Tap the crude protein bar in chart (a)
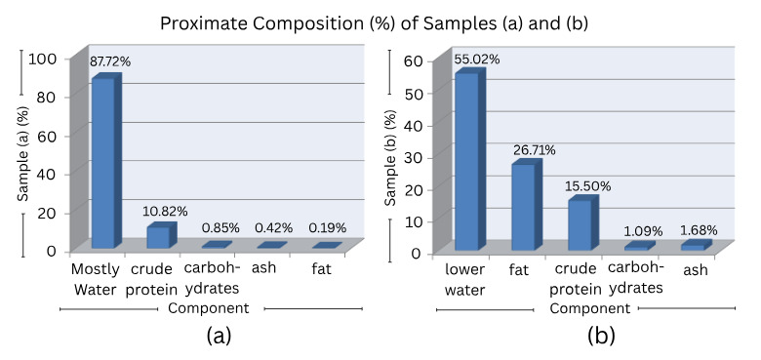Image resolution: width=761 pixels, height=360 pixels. pyautogui.click(x=158, y=236)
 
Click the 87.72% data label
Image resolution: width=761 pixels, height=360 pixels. pyautogui.click(x=110, y=61)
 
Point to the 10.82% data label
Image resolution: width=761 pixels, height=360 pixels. pyautogui.click(x=166, y=211)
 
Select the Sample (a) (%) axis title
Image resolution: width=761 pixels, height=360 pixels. pyautogui.click(x=22, y=154)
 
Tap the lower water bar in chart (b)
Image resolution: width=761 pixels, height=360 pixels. pyautogui.click(x=466, y=161)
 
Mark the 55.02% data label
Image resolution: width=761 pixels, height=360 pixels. pyautogui.click(x=476, y=60)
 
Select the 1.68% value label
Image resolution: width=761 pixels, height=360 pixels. pyautogui.click(x=701, y=230)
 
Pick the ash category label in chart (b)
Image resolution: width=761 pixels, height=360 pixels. pyautogui.click(x=694, y=270)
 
